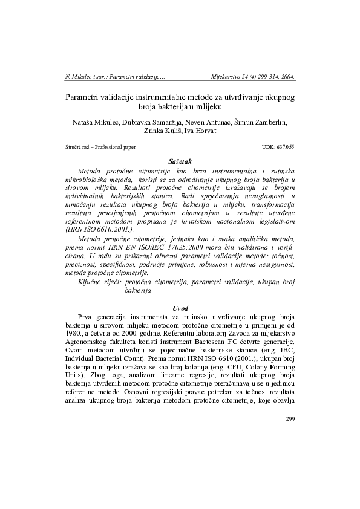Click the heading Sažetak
(x=180, y=161)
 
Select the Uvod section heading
(x=180, y=308)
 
